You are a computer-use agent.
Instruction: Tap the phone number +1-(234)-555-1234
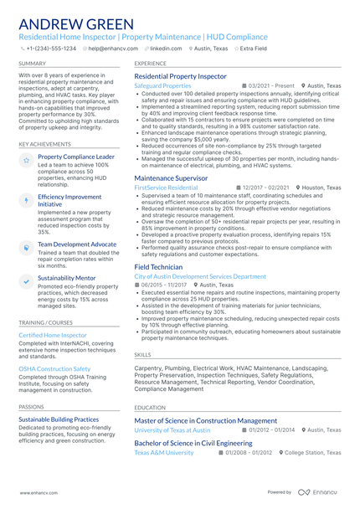point(50,49)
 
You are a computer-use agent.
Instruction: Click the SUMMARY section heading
point(33,63)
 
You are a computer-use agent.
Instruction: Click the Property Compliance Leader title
point(76,157)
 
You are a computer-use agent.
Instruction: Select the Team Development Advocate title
point(77,244)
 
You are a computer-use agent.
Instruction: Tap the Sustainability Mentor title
point(66,277)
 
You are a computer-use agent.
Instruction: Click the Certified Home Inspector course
point(53,335)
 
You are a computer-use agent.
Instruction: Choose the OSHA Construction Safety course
point(54,368)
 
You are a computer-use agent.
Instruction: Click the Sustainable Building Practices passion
point(59,419)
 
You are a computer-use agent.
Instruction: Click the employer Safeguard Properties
point(162,85)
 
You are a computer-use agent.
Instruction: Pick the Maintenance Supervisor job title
point(172,178)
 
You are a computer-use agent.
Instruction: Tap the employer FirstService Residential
point(166,188)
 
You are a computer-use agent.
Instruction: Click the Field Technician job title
point(158,266)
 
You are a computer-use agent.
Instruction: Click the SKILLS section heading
point(142,355)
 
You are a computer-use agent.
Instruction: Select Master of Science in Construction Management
point(205,420)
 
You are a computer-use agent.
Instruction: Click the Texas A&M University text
point(163,452)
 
